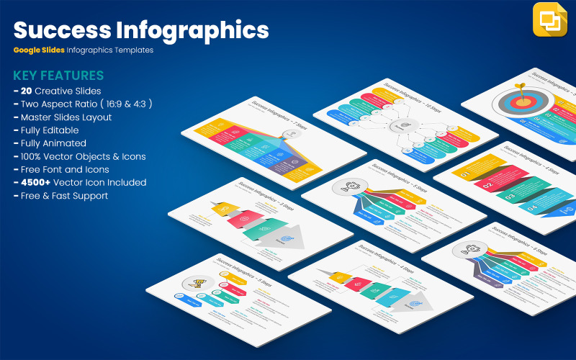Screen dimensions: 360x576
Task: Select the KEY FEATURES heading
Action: [x=58, y=76]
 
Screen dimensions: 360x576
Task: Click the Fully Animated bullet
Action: [x=53, y=143]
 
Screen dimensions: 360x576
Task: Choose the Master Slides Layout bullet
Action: [x=66, y=117]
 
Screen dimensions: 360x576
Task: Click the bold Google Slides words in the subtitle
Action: [x=38, y=50]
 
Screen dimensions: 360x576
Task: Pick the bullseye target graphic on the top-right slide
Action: [x=521, y=102]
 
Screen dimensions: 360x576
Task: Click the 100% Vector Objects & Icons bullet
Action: [x=83, y=156]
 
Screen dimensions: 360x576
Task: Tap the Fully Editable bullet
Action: [x=50, y=130]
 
